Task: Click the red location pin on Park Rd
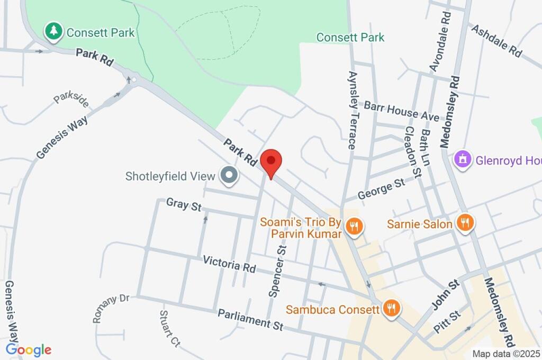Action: coord(271,161)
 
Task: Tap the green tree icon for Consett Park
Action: coord(53,31)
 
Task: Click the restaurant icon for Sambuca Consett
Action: coord(391,308)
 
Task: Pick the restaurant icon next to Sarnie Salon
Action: coord(465,223)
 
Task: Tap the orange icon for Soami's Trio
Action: coord(353,227)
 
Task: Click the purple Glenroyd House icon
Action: coord(463,159)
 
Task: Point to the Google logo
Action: coord(28,349)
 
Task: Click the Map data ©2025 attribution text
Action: coord(506,354)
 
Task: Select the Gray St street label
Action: coord(184,204)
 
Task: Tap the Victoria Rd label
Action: coord(229,264)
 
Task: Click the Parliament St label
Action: coord(250,320)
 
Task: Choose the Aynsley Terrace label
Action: coord(352,110)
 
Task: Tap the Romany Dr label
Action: coord(111,308)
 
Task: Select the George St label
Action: coord(381,188)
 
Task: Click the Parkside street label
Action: coord(71,100)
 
